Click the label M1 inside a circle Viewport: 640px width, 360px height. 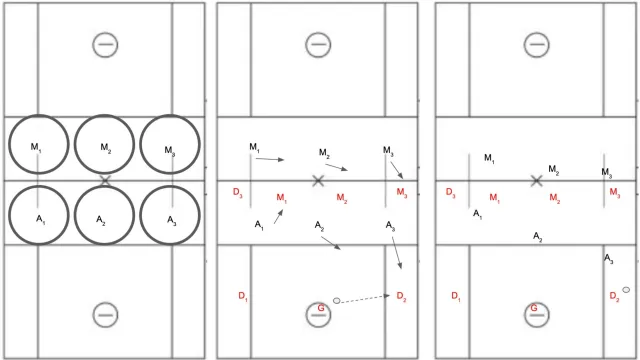click(x=36, y=147)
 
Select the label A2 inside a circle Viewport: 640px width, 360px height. click(x=101, y=221)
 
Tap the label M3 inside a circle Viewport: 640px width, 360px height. click(x=170, y=151)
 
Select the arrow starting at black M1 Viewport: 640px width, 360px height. click(x=270, y=159)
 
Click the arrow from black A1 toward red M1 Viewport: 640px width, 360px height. click(x=278, y=216)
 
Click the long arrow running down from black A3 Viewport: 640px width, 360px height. click(x=397, y=253)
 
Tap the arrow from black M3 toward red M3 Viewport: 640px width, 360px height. click(x=397, y=170)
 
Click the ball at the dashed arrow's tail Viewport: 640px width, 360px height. click(x=336, y=301)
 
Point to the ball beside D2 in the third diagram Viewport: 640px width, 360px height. click(x=626, y=290)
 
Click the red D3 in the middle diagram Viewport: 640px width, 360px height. click(x=238, y=192)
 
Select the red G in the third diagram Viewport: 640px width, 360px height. click(x=534, y=308)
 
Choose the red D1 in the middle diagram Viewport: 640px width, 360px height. click(x=243, y=296)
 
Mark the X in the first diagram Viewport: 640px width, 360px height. click(x=105, y=180)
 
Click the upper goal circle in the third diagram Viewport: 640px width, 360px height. click(x=536, y=33)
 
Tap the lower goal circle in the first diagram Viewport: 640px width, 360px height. click(x=105, y=303)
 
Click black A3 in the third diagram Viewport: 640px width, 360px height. click(x=609, y=259)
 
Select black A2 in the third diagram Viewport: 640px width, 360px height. click(x=538, y=237)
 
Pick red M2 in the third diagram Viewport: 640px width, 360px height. click(x=555, y=198)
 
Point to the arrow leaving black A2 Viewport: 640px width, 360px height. click(x=331, y=243)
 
